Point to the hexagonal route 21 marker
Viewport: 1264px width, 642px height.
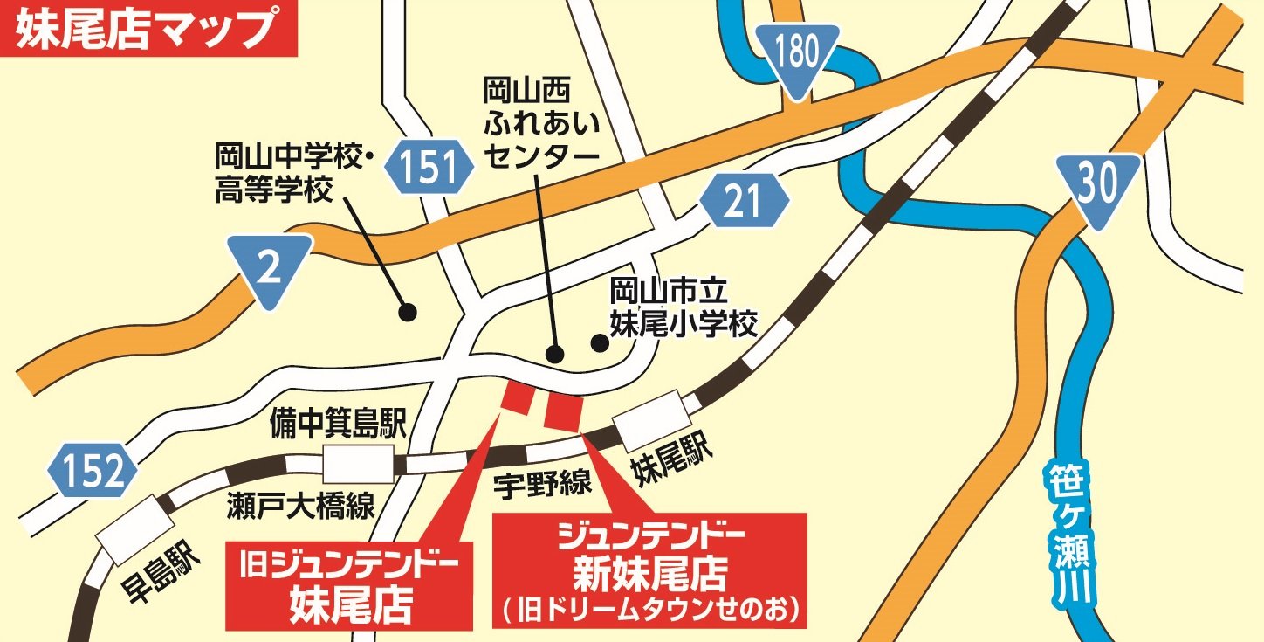pyautogui.click(x=743, y=202)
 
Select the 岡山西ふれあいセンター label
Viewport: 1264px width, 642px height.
pyautogui.click(x=541, y=122)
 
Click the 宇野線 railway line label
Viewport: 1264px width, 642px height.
pyautogui.click(x=541, y=484)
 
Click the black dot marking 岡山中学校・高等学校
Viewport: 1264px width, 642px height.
pyautogui.click(x=406, y=311)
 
